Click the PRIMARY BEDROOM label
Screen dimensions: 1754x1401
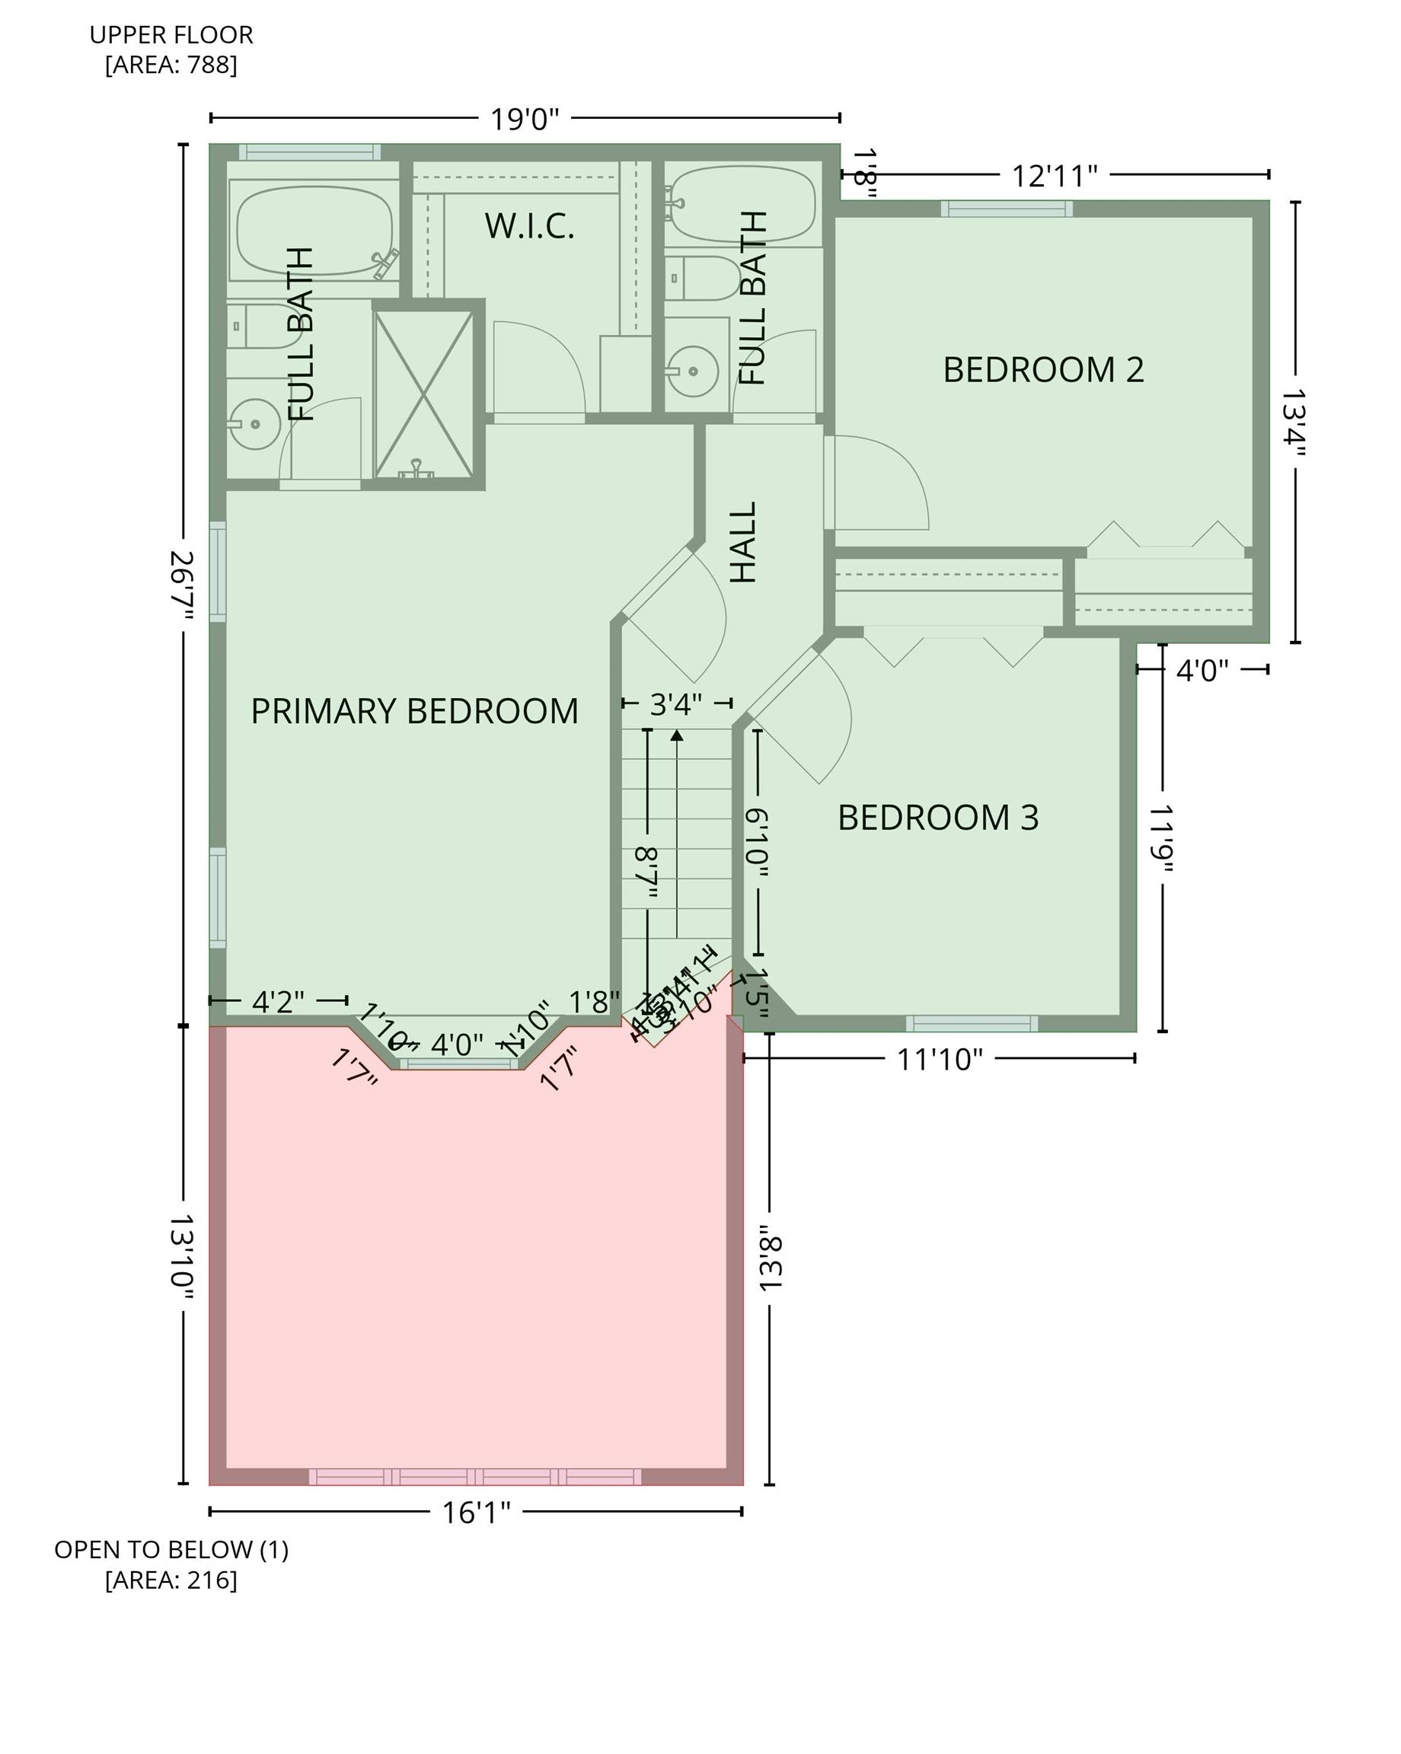[x=414, y=711]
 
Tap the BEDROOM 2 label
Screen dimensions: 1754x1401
[x=1043, y=370]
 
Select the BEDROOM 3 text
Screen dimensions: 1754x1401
[x=938, y=818]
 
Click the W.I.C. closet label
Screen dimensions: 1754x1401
[x=530, y=226]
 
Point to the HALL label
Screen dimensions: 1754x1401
[x=744, y=542]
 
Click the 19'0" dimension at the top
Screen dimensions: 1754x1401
[x=524, y=120]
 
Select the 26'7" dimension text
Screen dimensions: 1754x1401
[x=182, y=585]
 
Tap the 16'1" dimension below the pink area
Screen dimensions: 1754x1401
[x=476, y=1513]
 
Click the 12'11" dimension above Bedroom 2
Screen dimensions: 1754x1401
[x=1055, y=176]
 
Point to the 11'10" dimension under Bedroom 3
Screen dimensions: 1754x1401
[x=940, y=1059]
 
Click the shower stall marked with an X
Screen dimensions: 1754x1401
[x=424, y=394]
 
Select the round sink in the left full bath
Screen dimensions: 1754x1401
[x=254, y=424]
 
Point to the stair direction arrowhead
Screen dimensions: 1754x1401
[x=676, y=735]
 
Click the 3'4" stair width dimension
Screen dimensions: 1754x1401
[x=676, y=703]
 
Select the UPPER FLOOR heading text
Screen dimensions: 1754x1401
[x=171, y=35]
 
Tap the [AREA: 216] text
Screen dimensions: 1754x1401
[x=171, y=1579]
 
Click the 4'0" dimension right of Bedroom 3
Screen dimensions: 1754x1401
[x=1202, y=671]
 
